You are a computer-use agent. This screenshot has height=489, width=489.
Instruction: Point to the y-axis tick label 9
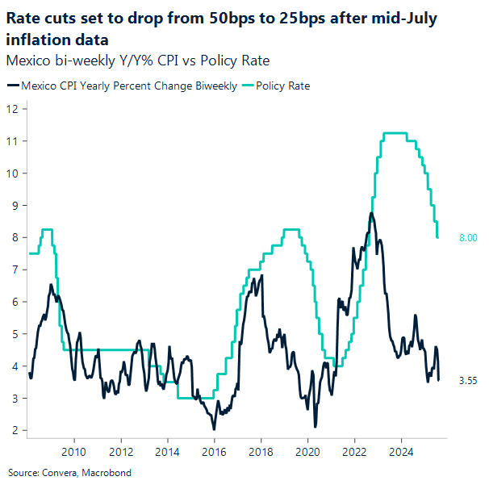pos(11,205)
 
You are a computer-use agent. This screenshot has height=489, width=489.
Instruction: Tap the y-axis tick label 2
pos(11,431)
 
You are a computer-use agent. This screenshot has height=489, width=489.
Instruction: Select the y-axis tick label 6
pos(11,302)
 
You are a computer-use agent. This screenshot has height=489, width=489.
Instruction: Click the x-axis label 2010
pos(74,452)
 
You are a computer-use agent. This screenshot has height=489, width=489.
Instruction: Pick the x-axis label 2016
pos(214,452)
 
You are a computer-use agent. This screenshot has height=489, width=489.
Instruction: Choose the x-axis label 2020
pos(307,452)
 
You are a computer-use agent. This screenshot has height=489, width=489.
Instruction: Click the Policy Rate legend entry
pos(282,86)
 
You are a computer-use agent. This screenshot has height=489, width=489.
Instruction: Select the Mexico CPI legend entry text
pos(128,86)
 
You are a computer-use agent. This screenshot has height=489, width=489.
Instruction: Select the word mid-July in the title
pos(401,19)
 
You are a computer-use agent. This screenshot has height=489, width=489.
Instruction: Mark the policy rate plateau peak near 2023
pos(395,132)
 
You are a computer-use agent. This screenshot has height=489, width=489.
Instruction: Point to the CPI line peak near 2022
pos(370,214)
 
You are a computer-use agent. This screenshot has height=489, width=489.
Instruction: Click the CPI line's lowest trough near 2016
pos(213,428)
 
